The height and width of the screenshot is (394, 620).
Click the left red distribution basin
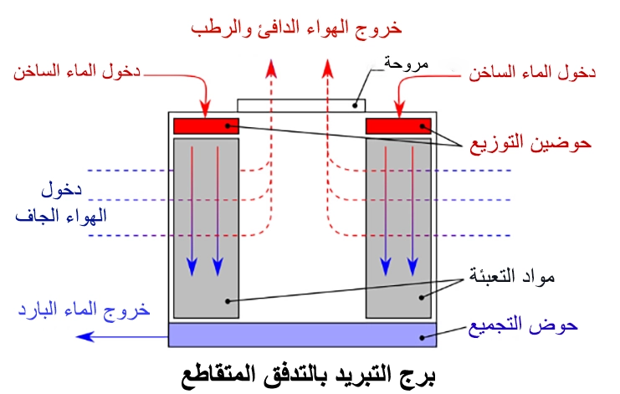(206, 126)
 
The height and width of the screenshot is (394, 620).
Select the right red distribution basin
(398, 126)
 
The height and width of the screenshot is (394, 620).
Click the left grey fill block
(206, 226)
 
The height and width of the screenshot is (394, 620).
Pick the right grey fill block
(398, 226)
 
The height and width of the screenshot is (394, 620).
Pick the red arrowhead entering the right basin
(400, 112)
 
